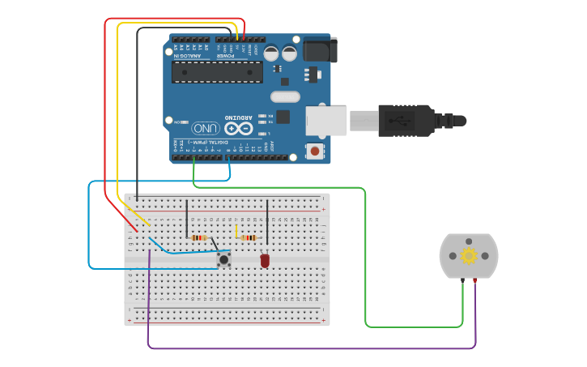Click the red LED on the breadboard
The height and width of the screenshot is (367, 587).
click(265, 261)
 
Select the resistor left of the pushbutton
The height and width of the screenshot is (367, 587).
click(198, 237)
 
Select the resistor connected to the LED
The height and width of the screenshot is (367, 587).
click(249, 238)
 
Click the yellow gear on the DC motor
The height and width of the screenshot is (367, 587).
click(469, 256)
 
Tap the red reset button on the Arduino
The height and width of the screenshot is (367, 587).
click(314, 151)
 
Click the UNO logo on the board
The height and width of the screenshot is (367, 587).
click(205, 128)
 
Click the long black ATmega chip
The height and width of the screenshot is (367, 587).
click(216, 72)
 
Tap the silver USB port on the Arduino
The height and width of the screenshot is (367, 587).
click(325, 120)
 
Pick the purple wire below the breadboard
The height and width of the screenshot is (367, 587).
click(308, 349)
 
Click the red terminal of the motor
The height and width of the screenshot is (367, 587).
click(474, 280)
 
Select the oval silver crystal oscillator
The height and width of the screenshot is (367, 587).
click(285, 97)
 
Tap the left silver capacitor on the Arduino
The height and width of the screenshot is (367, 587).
click(271, 53)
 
